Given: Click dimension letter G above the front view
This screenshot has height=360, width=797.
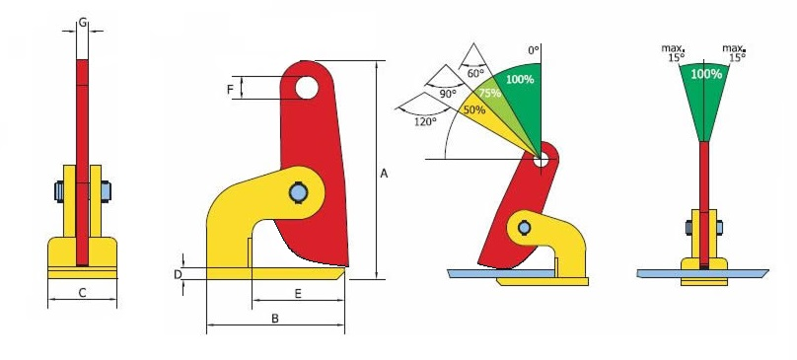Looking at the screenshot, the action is [83, 22].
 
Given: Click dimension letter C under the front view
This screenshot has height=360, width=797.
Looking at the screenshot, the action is [82, 292].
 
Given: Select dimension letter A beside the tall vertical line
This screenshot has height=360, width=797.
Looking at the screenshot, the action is [385, 174].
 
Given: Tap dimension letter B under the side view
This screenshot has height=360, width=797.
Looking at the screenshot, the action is [275, 319].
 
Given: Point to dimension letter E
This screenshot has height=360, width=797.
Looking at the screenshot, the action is [298, 293].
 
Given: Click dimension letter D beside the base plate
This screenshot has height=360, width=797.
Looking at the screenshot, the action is [178, 274].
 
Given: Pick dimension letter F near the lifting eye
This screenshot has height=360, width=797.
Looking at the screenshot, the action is [230, 90].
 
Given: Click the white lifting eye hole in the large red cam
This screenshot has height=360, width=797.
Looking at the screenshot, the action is [307, 88].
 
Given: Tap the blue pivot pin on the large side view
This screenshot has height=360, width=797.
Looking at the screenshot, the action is [297, 192].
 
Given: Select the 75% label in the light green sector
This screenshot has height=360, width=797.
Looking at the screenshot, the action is [489, 93].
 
